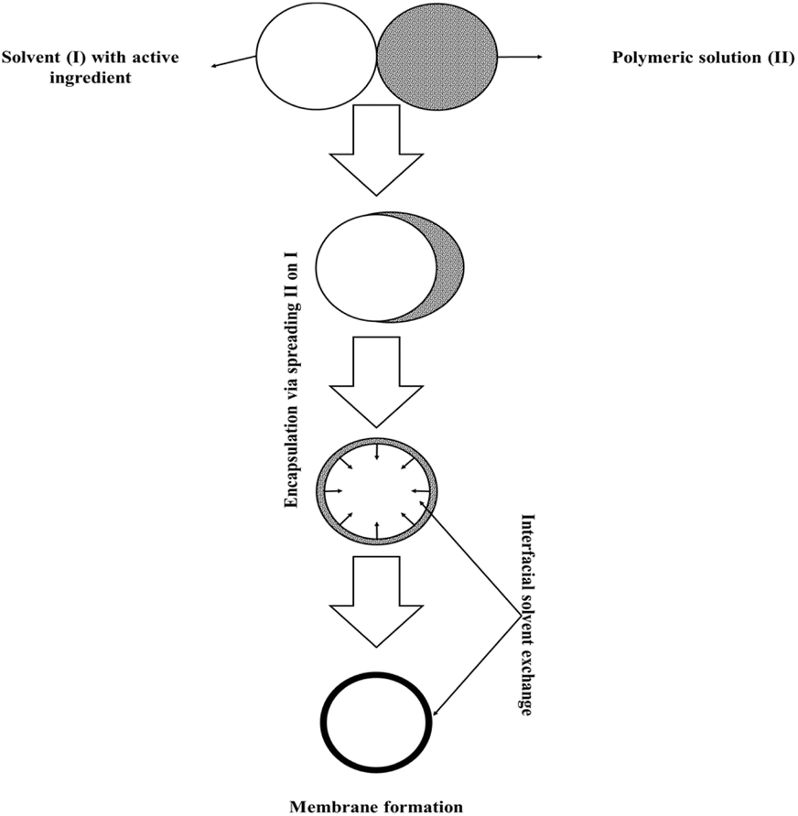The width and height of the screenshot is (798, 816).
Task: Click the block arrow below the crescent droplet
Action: [x=375, y=380]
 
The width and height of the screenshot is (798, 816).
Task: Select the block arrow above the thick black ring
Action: [x=375, y=600]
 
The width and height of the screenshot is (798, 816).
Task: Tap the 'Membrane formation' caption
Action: [x=376, y=806]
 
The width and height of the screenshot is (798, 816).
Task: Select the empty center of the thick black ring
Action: [x=377, y=723]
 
